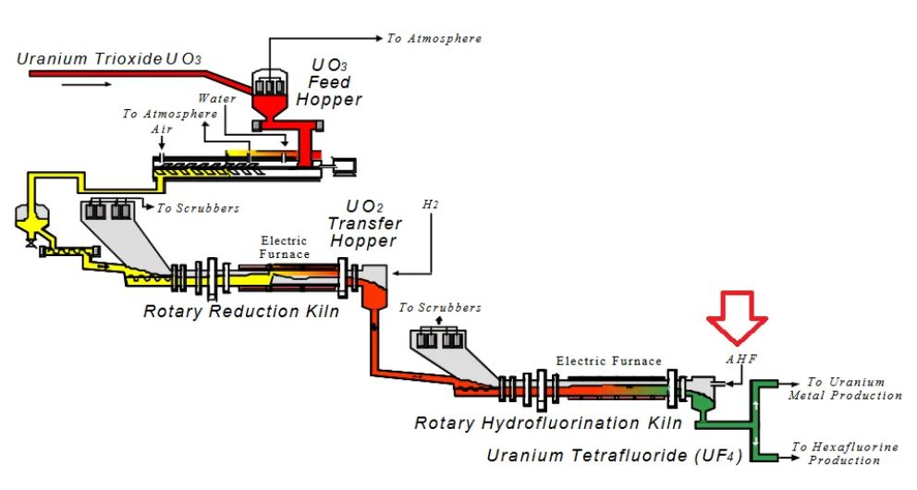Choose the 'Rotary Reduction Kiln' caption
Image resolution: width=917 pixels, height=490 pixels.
[241, 312]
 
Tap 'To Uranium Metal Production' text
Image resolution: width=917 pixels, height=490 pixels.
[845, 388]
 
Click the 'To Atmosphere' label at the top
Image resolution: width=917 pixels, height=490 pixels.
[434, 39]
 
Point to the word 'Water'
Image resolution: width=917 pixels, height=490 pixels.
[217, 97]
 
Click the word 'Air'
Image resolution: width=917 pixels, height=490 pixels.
[162, 129]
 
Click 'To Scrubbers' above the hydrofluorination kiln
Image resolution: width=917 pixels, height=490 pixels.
[440, 307]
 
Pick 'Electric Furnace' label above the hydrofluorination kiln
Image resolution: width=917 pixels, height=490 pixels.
[609, 361]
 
